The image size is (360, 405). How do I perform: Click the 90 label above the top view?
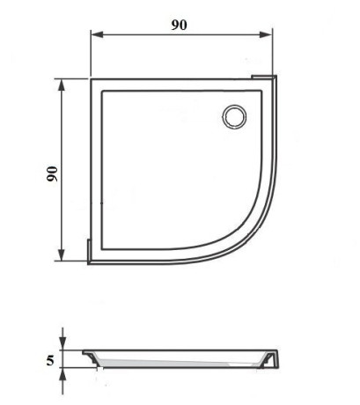pos(179,26)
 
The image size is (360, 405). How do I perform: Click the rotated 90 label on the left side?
pos(53,173)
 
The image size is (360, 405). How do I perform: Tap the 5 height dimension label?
pos(50,360)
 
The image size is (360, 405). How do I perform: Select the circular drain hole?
pos(234,117)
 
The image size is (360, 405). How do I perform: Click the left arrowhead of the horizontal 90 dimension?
pos(97,34)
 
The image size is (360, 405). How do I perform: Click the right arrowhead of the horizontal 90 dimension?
pos(266,34)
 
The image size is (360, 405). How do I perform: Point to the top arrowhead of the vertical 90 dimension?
pos(62,85)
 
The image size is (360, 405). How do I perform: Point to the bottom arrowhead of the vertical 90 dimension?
pos(62,254)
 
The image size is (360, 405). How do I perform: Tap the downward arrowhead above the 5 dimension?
pos(62,343)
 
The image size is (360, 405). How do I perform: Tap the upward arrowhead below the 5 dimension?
pos(62,374)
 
